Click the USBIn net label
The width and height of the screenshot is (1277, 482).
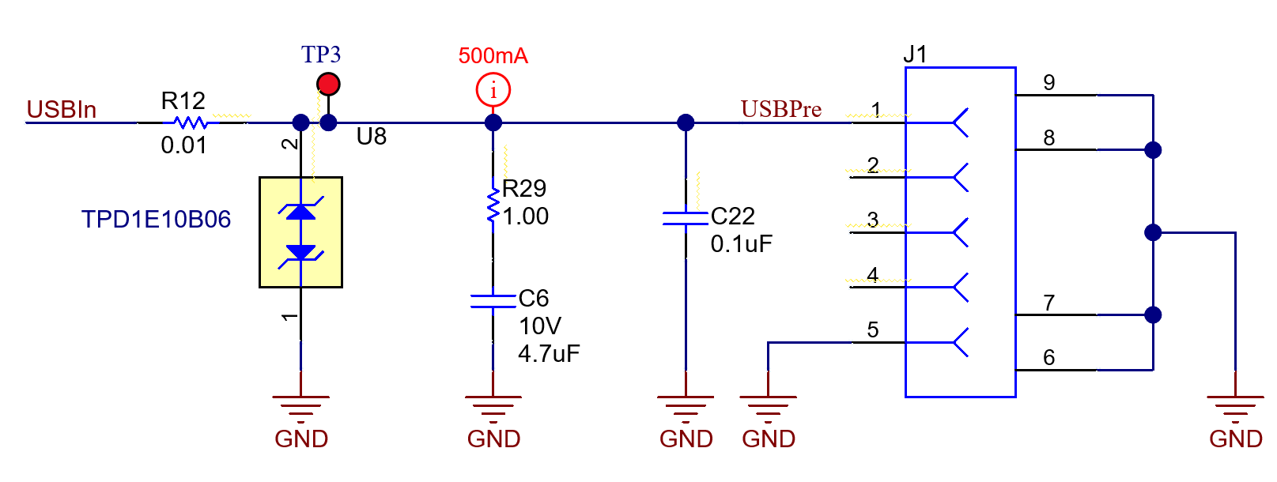point(61,109)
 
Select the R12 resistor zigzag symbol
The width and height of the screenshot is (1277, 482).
point(191,122)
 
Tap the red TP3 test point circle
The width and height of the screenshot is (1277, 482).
point(328,83)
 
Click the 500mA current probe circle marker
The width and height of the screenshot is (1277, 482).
point(493,90)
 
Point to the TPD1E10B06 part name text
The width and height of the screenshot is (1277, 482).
point(156,219)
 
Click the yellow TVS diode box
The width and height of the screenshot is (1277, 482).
point(300,232)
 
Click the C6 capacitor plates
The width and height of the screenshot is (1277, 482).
point(493,301)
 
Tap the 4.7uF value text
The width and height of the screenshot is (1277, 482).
point(549,353)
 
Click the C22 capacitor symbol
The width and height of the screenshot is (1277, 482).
point(686,218)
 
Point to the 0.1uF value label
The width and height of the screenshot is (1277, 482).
point(741,244)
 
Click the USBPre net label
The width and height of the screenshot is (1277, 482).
point(780,109)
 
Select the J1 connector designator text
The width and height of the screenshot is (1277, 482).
point(915,55)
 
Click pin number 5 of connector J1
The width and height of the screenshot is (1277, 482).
point(873,329)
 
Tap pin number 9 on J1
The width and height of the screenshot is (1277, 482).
point(1049,82)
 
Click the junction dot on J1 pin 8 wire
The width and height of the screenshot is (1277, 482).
point(1153,149)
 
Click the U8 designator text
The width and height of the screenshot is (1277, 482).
point(371,137)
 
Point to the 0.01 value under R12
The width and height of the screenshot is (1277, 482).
point(183,145)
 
